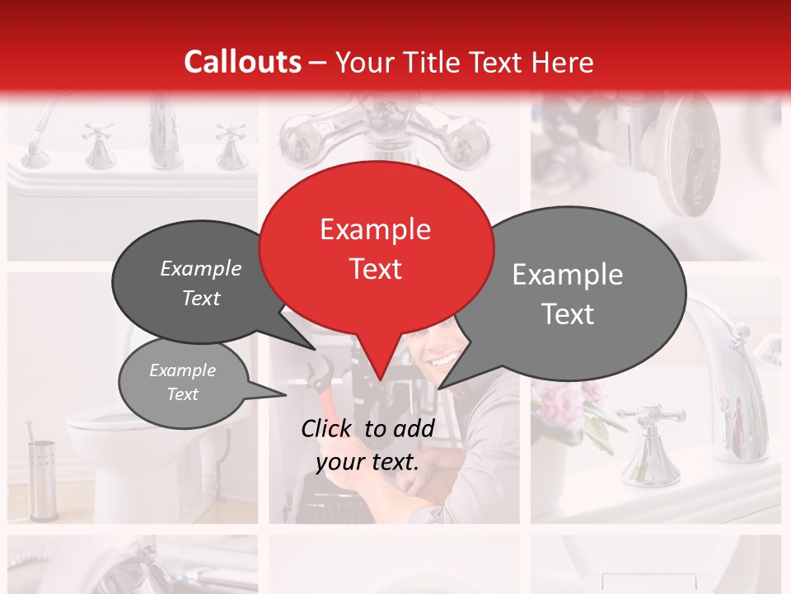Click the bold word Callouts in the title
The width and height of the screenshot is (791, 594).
pos(242,62)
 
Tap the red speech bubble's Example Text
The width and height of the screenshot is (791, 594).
pos(376,248)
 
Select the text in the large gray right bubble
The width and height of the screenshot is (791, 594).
pos(568,294)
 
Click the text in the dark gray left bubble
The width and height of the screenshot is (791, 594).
pos(201,283)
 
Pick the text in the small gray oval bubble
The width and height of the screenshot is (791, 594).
pos(182,382)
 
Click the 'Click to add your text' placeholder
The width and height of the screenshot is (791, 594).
pos(367,445)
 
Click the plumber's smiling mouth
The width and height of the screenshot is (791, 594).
pos(442,361)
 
